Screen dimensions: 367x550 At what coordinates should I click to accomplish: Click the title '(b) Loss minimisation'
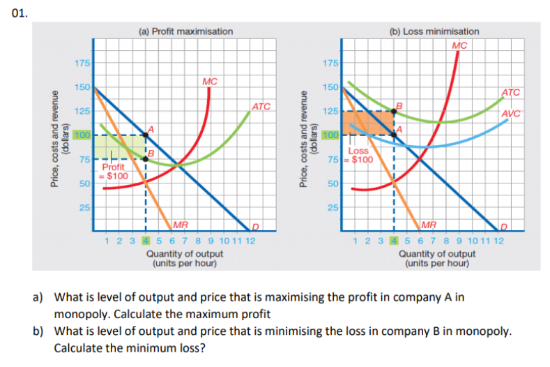pyautogui.click(x=434, y=31)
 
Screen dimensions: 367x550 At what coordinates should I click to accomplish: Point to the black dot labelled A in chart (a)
pyautogui.click(x=145, y=134)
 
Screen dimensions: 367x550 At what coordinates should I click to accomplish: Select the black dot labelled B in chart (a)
pyautogui.click(x=145, y=159)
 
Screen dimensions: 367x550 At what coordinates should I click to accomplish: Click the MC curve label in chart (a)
pyautogui.click(x=209, y=82)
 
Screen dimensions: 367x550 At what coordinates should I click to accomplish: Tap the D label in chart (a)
pyautogui.click(x=255, y=225)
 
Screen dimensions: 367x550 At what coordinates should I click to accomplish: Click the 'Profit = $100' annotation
pyautogui.click(x=114, y=172)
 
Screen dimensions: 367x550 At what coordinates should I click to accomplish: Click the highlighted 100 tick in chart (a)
pyautogui.click(x=84, y=134)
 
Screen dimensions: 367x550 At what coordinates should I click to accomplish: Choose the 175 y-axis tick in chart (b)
pyautogui.click(x=332, y=64)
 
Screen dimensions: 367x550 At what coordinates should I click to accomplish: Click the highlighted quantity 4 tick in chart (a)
pyautogui.click(x=145, y=240)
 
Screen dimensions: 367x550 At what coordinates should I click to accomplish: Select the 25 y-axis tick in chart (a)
pyautogui.click(x=84, y=208)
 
